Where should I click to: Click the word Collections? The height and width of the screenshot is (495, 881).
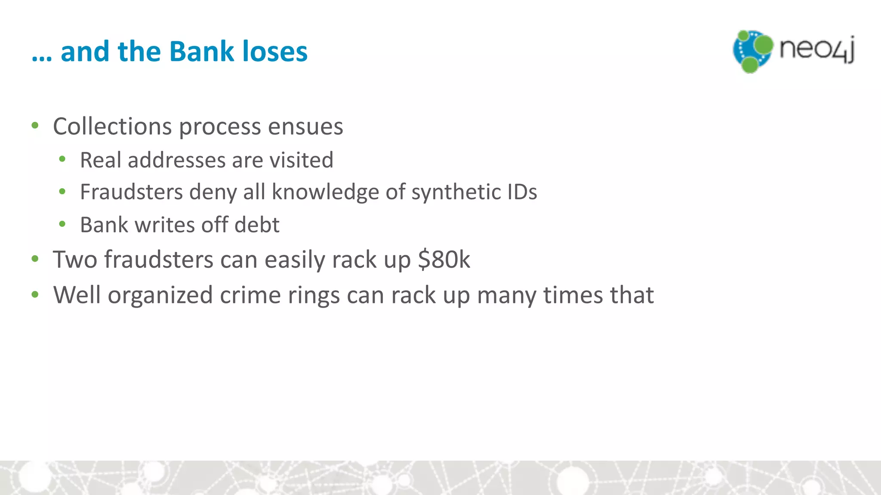point(112,126)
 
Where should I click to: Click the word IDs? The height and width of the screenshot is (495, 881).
point(522,192)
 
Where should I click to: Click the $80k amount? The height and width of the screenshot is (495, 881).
point(444,260)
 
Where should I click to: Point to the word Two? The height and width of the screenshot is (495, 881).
point(75,260)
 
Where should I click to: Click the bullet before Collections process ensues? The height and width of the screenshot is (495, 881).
point(35,126)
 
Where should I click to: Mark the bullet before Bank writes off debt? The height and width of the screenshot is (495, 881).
point(62,224)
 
